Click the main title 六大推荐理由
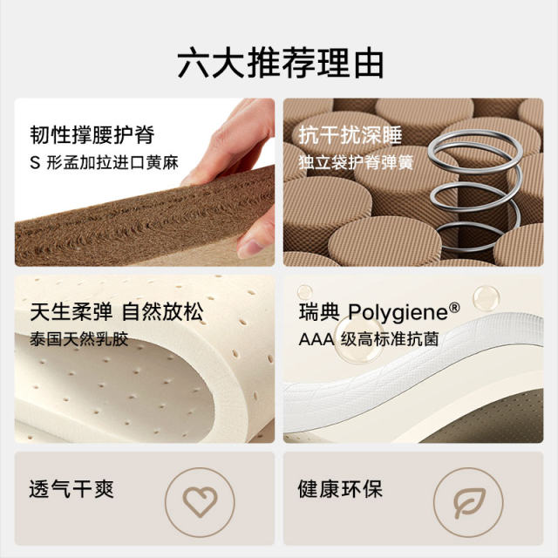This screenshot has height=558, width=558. tap(280, 64)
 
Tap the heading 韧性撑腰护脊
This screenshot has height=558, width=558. tap(92, 135)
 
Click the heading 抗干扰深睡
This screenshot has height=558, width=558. tap(337, 135)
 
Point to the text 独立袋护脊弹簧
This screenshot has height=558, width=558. tap(355, 162)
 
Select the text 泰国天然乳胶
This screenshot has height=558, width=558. tap(78, 338)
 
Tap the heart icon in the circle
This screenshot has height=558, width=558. tap(200, 502)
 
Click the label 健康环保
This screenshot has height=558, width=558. tap(340, 488)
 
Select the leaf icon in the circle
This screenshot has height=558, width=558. tap(468, 502)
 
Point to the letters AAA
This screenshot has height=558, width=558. tap(316, 338)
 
